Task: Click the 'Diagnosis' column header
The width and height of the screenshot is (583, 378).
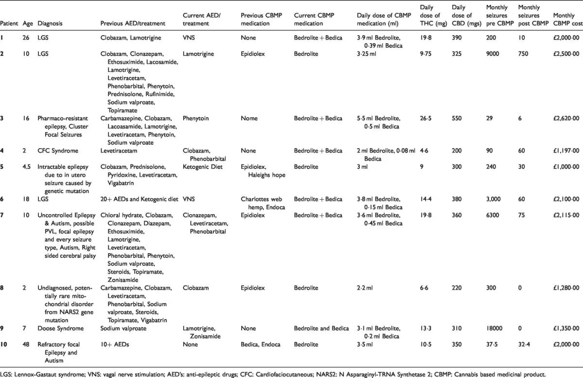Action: tap(50, 23)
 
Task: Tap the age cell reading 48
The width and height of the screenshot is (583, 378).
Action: tap(25, 345)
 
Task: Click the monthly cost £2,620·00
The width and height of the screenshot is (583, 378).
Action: tap(566, 118)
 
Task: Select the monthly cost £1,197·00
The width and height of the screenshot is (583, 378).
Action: tap(566, 150)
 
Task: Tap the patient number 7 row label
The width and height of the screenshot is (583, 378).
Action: tap(2, 214)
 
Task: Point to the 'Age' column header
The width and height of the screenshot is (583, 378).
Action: tap(27, 23)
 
